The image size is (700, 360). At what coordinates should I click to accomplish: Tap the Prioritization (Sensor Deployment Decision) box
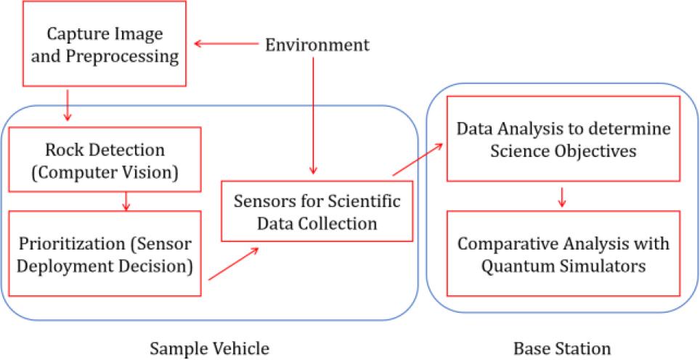click(105, 253)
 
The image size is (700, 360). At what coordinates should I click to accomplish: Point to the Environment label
click(317, 44)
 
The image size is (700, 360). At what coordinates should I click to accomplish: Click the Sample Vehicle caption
click(209, 348)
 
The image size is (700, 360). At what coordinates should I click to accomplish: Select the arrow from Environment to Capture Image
click(225, 44)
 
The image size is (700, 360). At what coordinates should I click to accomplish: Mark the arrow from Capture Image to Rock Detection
click(67, 106)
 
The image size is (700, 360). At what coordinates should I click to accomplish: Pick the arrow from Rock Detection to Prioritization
click(126, 200)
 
